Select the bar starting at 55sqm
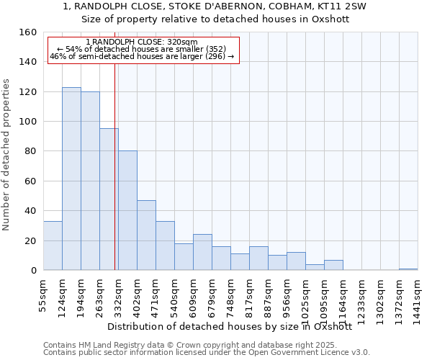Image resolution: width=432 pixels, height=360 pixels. tap(53, 246)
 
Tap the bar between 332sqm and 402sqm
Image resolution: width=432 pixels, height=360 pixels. tap(127, 210)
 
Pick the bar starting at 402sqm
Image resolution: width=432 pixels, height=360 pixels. tap(146, 235)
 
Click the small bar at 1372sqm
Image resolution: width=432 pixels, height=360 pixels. tap(408, 269)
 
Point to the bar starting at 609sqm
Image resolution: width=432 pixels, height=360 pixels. tap(202, 252)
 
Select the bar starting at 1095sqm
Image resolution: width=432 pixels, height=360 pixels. tap(333, 265)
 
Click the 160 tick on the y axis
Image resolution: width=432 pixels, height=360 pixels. tap(28, 32)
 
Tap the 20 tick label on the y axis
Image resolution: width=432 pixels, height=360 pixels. tap(30, 240)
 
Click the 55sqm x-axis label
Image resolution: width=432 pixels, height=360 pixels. tap(44, 294)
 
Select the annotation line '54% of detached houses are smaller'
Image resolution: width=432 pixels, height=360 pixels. tap(141, 49)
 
